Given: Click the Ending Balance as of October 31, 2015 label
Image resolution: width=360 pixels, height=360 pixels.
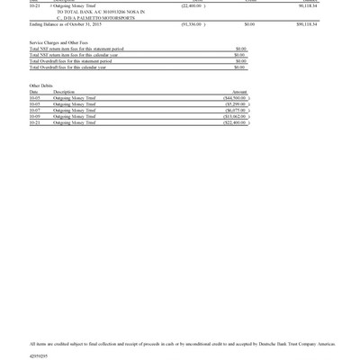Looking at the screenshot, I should (65, 24).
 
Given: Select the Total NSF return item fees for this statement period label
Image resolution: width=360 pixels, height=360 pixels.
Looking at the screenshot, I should (76, 49).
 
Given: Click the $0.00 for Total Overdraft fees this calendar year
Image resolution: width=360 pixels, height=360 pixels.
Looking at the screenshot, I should (239, 67).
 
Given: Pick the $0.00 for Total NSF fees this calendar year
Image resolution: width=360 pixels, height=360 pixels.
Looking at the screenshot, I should (239, 55).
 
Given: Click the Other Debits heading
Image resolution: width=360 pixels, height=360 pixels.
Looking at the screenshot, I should (41, 85).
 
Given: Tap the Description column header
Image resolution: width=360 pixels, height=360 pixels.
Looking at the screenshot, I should (64, 92).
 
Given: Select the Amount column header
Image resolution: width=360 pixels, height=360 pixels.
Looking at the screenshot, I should (239, 92).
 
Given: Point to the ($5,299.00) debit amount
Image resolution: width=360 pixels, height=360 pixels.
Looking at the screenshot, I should (236, 104).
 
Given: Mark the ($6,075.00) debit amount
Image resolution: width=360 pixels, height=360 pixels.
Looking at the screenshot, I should (236, 111).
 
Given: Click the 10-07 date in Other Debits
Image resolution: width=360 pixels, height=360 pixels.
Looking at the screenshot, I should (34, 111).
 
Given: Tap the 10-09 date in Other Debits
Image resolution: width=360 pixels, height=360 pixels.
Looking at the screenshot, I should (34, 116).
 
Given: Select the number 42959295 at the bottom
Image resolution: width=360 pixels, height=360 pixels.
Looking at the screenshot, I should (40, 355).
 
